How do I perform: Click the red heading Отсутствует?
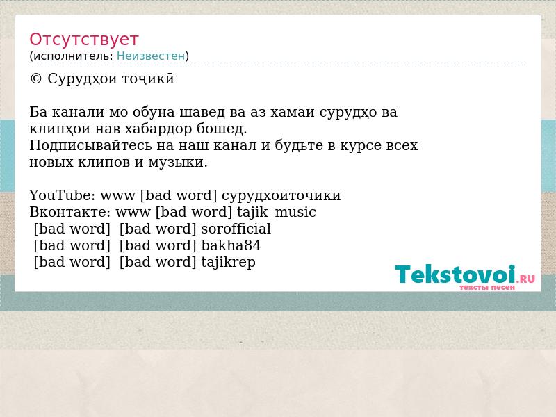(x=83, y=40)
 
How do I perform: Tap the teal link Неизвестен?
(x=151, y=56)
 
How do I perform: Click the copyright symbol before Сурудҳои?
(x=36, y=79)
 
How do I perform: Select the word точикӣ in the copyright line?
(x=148, y=79)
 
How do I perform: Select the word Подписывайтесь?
(x=91, y=145)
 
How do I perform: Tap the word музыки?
(x=178, y=163)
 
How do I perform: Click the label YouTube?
(x=63, y=195)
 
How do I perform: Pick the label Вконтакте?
(x=70, y=212)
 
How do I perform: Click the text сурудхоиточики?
(x=281, y=196)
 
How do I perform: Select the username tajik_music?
(x=277, y=213)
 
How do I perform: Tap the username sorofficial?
(x=236, y=229)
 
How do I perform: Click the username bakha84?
(x=231, y=245)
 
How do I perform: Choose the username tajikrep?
(x=229, y=263)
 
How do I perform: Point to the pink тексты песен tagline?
(x=487, y=287)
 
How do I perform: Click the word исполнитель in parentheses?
(x=71, y=56)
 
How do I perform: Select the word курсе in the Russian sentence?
(x=360, y=146)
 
